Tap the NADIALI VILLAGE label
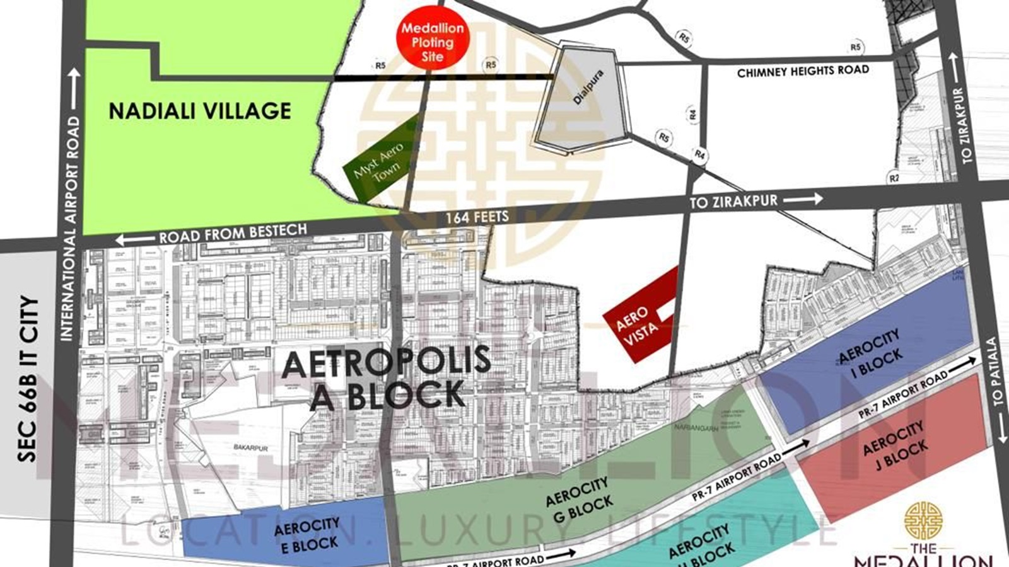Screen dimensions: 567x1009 (200, 111)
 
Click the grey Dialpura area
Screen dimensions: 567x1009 (583, 101)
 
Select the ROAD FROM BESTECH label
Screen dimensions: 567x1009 (232, 234)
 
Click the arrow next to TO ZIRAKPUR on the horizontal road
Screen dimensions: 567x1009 (803, 199)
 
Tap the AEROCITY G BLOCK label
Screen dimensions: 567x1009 (579, 500)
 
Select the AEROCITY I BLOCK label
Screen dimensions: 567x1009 (870, 355)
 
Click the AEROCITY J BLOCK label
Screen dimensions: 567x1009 (894, 446)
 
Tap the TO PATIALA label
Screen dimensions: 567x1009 (997, 372)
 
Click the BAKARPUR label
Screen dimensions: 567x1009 (251, 448)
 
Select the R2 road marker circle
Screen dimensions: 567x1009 (894, 178)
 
